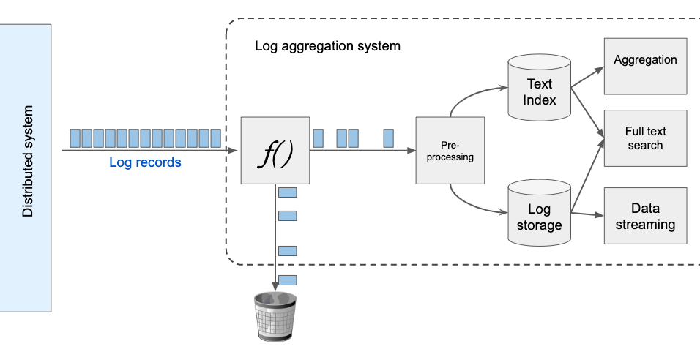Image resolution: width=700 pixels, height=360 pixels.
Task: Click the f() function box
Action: point(275,150)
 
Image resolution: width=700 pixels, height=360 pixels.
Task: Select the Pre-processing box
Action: point(450,150)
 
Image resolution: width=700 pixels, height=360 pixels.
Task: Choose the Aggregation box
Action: point(645,67)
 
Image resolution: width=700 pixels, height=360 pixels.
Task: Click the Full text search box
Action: point(645,138)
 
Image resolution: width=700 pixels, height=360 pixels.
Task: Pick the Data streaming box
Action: point(645,216)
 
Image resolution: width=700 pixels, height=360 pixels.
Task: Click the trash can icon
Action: point(275,315)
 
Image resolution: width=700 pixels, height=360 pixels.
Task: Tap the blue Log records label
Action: point(145,162)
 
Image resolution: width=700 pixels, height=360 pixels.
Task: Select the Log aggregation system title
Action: point(327,46)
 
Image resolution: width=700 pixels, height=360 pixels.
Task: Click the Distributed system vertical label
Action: point(28,168)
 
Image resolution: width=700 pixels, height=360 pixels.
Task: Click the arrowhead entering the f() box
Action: point(234,150)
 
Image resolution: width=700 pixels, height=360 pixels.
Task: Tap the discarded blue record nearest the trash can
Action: point(288,280)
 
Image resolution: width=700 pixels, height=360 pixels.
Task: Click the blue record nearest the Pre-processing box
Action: point(389,138)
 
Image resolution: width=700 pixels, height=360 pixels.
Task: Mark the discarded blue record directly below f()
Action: point(288,192)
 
